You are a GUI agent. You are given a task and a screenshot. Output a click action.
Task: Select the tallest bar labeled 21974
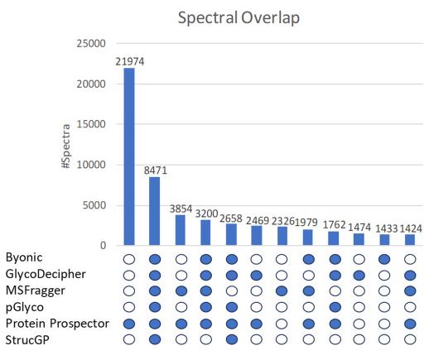(x=129, y=156)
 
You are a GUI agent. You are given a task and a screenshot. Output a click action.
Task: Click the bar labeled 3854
(x=181, y=229)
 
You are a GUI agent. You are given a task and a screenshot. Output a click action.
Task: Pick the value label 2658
(x=232, y=218)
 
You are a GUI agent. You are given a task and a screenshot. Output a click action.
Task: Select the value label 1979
(x=309, y=223)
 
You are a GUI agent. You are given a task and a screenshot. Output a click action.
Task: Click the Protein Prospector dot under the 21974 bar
(x=129, y=324)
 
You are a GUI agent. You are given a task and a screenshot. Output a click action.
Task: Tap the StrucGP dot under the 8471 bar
(x=155, y=339)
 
